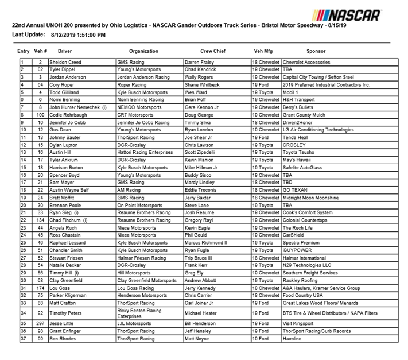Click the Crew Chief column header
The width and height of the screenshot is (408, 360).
pyautogui.click(x=212, y=51)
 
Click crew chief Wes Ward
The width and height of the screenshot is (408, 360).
pyautogui.click(x=196, y=91)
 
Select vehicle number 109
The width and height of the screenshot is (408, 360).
pyautogui.click(x=40, y=114)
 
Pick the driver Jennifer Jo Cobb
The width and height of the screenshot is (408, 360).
pyautogui.click(x=69, y=122)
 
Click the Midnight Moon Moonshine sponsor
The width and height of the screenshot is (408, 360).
pyautogui.click(x=311, y=198)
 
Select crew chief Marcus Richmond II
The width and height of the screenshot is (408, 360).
pyautogui.click(x=206, y=243)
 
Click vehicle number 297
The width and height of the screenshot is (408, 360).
pyautogui.click(x=40, y=324)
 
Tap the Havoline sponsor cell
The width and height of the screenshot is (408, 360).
pyautogui.click(x=292, y=339)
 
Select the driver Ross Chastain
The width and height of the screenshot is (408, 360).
pyautogui.click(x=64, y=235)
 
